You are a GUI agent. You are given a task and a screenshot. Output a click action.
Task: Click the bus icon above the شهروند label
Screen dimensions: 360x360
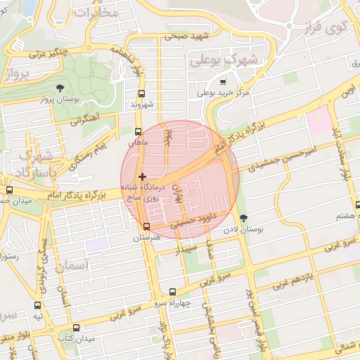click(x=142, y=94)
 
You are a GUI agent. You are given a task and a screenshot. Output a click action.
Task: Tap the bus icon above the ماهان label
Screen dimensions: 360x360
click(x=138, y=131)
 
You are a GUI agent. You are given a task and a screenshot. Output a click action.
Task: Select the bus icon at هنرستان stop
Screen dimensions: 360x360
click(x=146, y=226)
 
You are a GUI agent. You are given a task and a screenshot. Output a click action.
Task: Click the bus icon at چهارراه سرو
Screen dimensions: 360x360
click(x=173, y=291)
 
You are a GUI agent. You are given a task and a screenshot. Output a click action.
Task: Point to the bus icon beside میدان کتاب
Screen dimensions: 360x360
click(x=77, y=328)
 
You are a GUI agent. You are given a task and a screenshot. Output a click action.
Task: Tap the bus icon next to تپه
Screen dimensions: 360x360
click(x=37, y=305)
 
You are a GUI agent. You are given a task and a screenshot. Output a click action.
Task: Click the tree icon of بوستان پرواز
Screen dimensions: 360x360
click(x=59, y=88)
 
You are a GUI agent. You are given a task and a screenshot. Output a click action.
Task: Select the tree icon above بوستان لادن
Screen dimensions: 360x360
click(x=244, y=218)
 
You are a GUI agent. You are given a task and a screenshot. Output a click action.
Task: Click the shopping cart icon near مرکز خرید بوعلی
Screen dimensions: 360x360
click(x=223, y=82)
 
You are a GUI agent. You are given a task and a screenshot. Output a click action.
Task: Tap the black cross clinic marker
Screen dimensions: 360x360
click(x=143, y=176)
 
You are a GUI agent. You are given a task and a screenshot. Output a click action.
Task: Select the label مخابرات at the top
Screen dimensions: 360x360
click(x=96, y=11)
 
